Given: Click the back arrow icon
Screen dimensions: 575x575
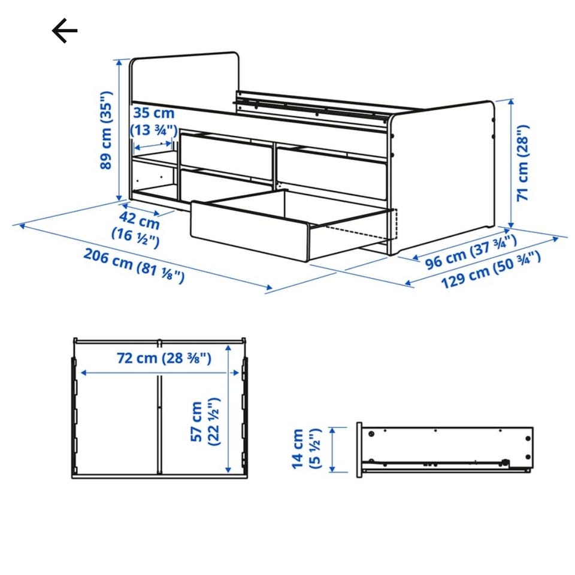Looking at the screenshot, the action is [65, 31].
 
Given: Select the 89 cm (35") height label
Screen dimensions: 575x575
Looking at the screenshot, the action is [106, 130].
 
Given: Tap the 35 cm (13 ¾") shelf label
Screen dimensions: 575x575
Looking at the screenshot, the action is [154, 122].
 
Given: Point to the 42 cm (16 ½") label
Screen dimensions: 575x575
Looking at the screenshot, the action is [137, 228].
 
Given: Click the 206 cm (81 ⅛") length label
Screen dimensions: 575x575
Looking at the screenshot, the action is [134, 266].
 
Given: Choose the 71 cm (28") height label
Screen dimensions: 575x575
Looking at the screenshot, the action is [523, 163].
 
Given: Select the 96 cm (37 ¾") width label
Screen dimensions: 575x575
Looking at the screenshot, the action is [471, 252].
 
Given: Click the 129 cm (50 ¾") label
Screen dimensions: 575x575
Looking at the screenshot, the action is [491, 270].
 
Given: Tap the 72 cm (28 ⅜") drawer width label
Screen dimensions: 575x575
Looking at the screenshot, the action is [164, 358].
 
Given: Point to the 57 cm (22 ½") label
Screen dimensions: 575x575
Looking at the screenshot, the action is [205, 422].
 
